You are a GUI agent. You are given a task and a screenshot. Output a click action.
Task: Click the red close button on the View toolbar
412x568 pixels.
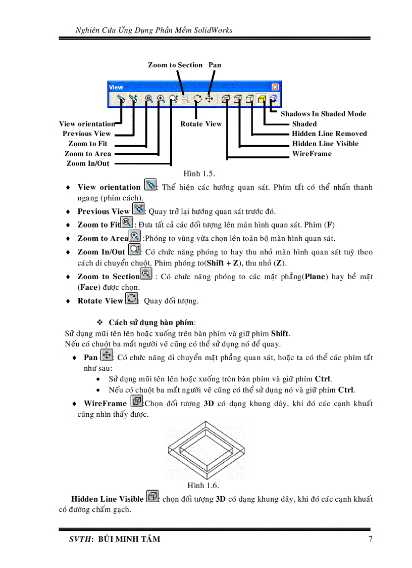point(275,87)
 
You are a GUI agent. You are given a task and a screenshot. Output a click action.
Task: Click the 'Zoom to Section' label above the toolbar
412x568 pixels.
point(175,65)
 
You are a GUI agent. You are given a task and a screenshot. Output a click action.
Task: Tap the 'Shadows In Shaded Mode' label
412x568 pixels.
point(323,114)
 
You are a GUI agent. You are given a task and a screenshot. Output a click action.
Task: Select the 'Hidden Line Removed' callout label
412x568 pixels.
point(329,134)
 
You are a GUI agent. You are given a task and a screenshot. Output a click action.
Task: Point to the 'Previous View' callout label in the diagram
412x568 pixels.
point(86,134)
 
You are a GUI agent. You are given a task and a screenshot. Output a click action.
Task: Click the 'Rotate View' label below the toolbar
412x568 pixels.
point(200,124)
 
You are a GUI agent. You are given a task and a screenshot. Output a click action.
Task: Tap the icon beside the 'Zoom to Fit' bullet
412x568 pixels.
point(127,223)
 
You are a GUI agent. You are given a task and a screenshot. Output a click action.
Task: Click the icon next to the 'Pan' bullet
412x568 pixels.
point(106,355)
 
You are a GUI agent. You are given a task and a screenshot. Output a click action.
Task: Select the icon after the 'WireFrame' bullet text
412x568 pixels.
point(136,402)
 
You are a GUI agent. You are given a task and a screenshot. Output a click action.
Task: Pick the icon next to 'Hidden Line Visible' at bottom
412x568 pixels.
point(151,497)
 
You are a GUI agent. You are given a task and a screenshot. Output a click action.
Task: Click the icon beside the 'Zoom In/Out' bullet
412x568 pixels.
point(134,250)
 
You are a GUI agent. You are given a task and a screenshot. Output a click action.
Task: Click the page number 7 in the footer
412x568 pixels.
point(370,539)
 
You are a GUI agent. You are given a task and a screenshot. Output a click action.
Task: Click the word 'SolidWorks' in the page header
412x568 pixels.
point(213,30)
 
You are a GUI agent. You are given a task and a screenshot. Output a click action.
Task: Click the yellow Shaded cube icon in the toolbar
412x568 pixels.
point(262,99)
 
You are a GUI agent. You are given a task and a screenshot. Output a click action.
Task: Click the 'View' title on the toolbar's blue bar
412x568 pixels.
point(116,87)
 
